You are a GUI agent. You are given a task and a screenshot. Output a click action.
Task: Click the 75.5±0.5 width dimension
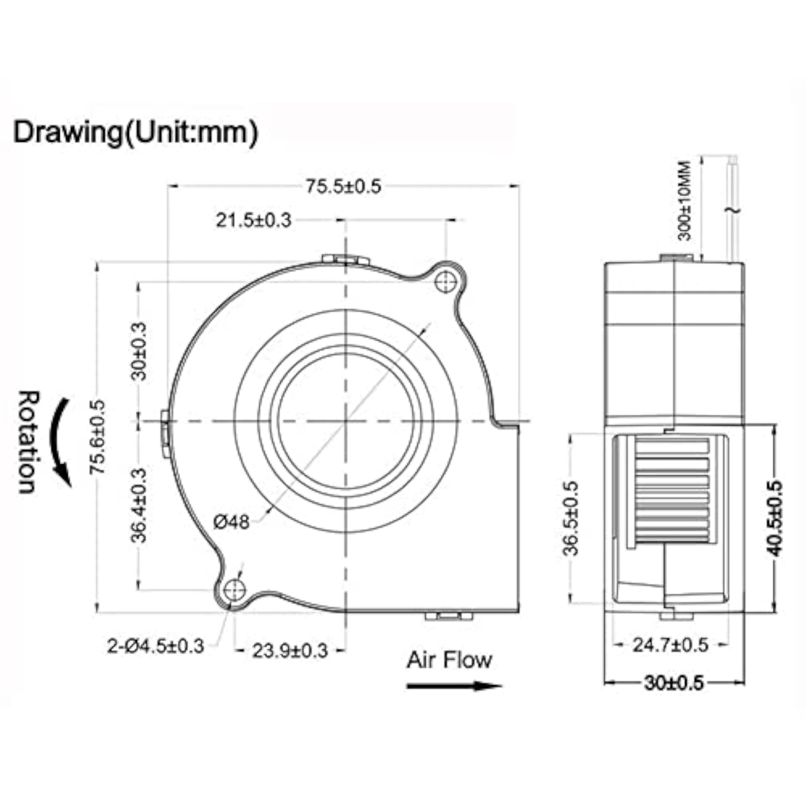pos(343,187)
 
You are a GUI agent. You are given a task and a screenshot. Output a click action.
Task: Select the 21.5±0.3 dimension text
pos(253,220)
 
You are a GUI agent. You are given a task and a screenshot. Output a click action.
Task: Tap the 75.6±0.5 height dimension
pos(98,436)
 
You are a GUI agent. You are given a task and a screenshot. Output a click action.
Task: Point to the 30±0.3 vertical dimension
pos(139,351)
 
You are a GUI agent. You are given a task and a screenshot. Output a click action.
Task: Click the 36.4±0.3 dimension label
pos(139,505)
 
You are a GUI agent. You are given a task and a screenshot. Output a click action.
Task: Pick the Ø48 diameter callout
pos(232,521)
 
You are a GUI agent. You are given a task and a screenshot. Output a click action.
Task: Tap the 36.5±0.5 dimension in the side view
pos(571,519)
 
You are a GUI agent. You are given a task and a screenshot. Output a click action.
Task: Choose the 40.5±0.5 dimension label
pos(774,519)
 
